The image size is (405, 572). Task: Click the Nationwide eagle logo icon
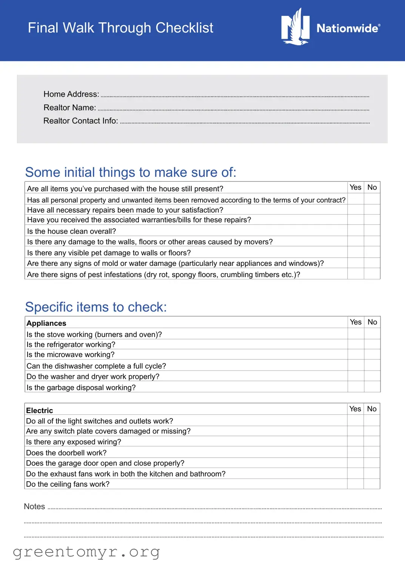pyautogui.click(x=295, y=27)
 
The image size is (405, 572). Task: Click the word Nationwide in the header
pyautogui.click(x=348, y=28)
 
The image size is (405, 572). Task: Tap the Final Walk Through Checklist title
pyautogui.click(x=120, y=28)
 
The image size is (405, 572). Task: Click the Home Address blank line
pyautogui.click(x=235, y=95)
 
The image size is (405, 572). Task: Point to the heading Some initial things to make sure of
pyautogui.click(x=131, y=172)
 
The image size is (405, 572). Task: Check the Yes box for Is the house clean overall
pyautogui.click(x=356, y=230)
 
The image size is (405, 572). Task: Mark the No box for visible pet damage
pyautogui.click(x=372, y=252)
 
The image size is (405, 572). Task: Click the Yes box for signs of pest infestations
pyautogui.click(x=356, y=274)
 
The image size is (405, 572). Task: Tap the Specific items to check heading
pyautogui.click(x=96, y=307)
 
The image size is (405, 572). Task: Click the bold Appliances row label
pyautogui.click(x=46, y=323)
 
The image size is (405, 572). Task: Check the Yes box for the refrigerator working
pyautogui.click(x=356, y=344)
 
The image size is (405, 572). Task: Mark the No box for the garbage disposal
pyautogui.click(x=372, y=387)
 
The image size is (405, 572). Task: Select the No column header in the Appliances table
pyautogui.click(x=372, y=322)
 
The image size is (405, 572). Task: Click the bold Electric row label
pyautogui.click(x=40, y=410)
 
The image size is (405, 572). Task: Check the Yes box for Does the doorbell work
pyautogui.click(x=355, y=452)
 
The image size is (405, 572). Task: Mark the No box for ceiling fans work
pyautogui.click(x=372, y=484)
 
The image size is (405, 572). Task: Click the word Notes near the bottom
pyautogui.click(x=34, y=506)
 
